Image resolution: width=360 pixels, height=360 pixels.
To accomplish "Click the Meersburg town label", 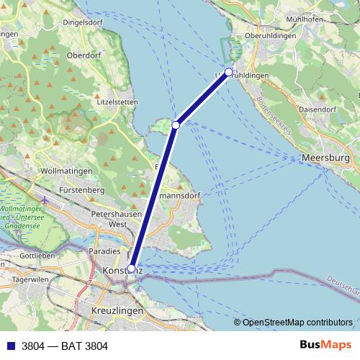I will tap(326, 157).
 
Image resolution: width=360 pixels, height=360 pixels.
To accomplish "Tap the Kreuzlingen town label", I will tap(117, 310).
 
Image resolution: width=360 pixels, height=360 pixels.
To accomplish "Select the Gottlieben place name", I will tap(37, 256).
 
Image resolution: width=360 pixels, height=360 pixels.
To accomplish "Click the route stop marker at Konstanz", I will tap(131, 269).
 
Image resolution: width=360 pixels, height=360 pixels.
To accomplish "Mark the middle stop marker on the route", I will tap(176, 125).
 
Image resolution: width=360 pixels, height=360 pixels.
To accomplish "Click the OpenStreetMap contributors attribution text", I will tap(297, 323).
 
